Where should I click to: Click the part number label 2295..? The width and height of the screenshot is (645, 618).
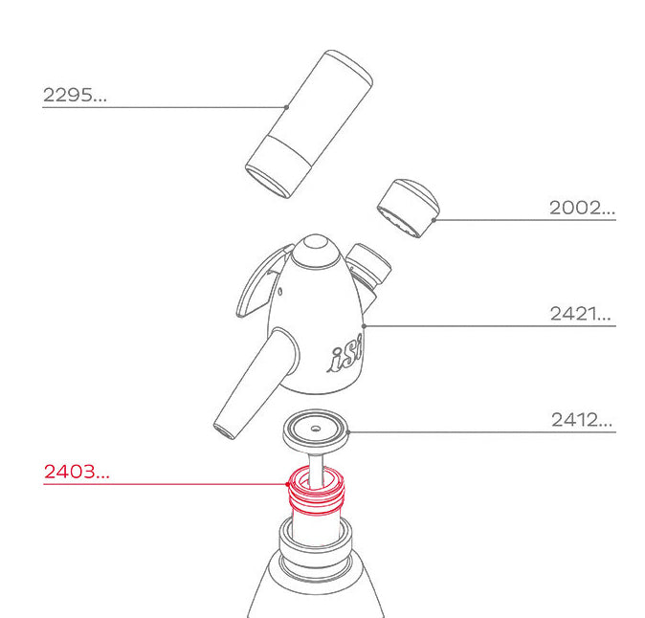pyautogui.click(x=75, y=95)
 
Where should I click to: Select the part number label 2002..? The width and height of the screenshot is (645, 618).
pyautogui.click(x=581, y=208)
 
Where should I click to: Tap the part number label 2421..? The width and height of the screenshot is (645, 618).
pyautogui.click(x=580, y=314)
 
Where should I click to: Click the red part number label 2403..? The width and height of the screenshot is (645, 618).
pyautogui.click(x=77, y=472)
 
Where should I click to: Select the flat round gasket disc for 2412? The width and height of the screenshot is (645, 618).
pyautogui.click(x=315, y=428)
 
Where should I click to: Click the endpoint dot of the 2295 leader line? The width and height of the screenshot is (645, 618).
pyautogui.click(x=287, y=106)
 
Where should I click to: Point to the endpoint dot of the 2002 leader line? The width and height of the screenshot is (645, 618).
pyautogui.click(x=434, y=220)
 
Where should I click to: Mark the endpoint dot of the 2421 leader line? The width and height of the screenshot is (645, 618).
pyautogui.click(x=367, y=326)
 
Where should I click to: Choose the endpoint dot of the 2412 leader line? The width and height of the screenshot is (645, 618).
pyautogui.click(x=353, y=431)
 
